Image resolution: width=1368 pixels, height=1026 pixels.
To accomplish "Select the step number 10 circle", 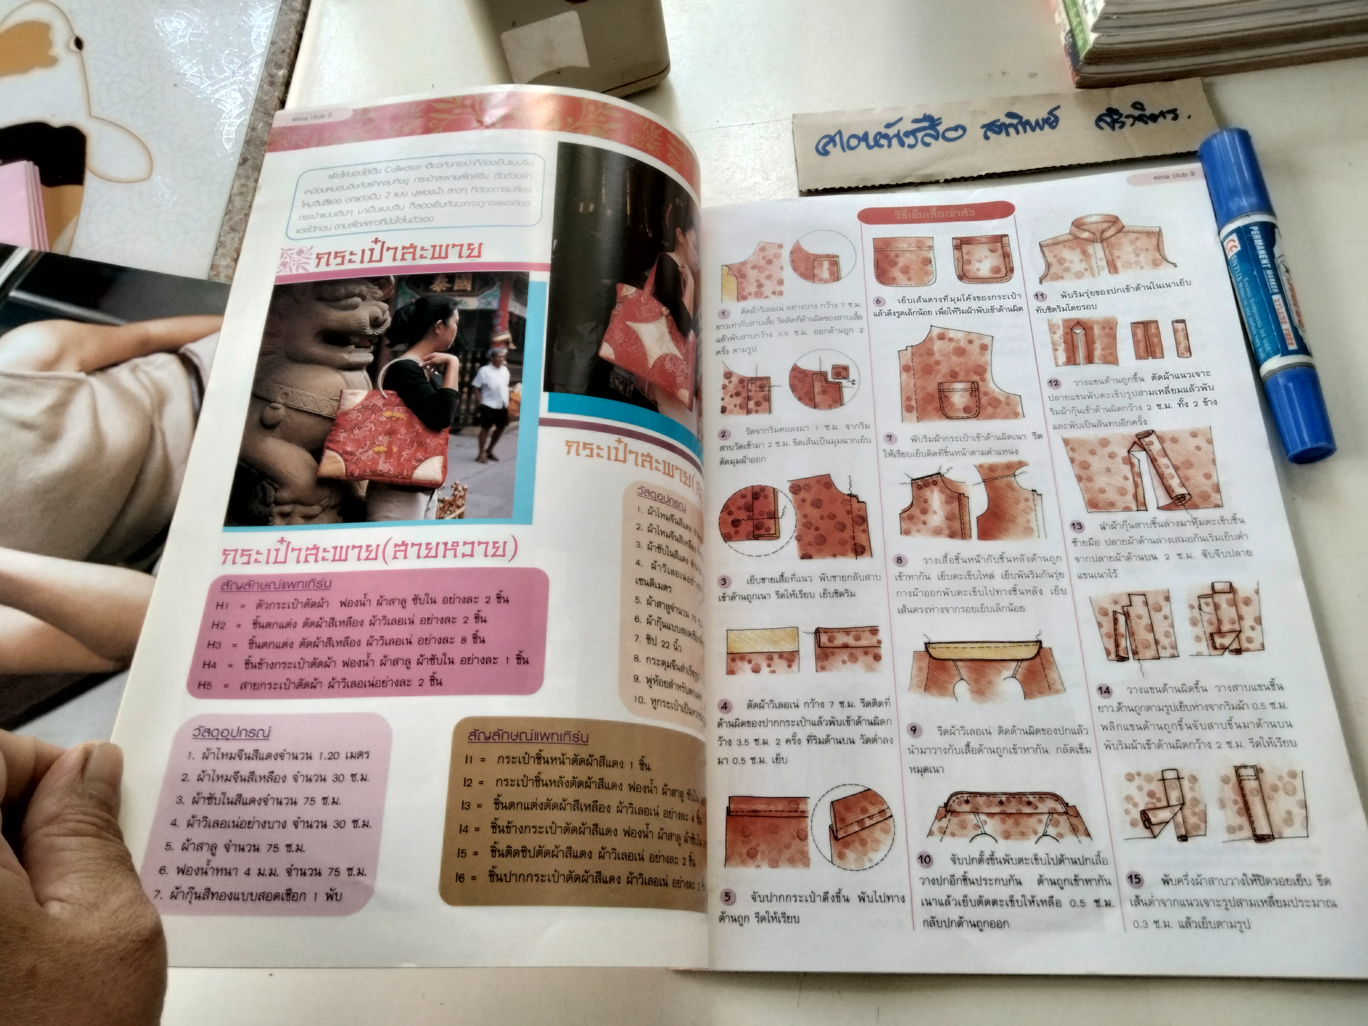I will pyautogui.click(x=925, y=860).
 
